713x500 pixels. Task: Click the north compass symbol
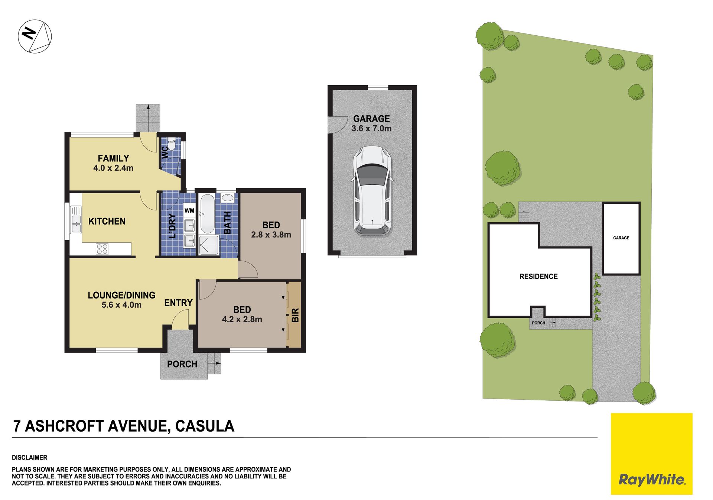point(35,36)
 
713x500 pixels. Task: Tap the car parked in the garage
point(372,191)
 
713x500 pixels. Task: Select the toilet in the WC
point(171,143)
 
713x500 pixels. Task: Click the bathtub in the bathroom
point(208,214)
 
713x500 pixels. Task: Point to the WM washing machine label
point(189,210)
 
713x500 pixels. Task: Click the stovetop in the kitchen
point(102,249)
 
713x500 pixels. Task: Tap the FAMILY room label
point(113,158)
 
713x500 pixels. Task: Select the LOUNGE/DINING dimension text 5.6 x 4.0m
point(121,305)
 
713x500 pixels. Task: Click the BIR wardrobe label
point(295,315)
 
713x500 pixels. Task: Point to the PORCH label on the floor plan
point(182,364)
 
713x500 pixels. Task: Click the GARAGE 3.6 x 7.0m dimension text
point(371,128)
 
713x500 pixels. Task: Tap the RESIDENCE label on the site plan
point(538,276)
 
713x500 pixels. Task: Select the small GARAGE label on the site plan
point(621,238)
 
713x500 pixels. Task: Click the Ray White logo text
point(652,480)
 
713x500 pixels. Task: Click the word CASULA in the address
point(205,426)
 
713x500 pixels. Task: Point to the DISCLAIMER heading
point(30,458)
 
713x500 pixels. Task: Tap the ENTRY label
point(178,303)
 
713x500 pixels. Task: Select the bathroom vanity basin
point(227,198)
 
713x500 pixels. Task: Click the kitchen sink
point(76,224)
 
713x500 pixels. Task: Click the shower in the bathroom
point(209,245)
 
